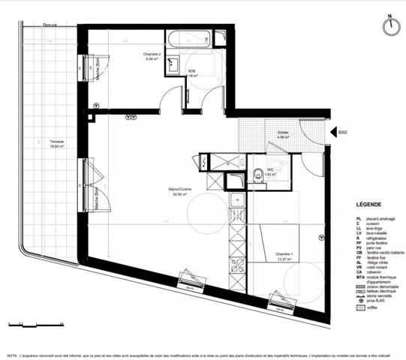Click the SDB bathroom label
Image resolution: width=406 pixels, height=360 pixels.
tap(192, 73)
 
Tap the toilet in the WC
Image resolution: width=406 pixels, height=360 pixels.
tap(257, 170)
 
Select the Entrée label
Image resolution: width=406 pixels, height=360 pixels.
tap(283, 135)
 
